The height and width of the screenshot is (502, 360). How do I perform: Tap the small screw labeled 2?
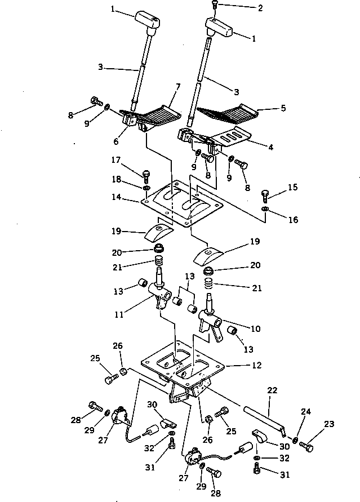click(215, 5)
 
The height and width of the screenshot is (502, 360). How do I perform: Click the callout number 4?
click(270, 148)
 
